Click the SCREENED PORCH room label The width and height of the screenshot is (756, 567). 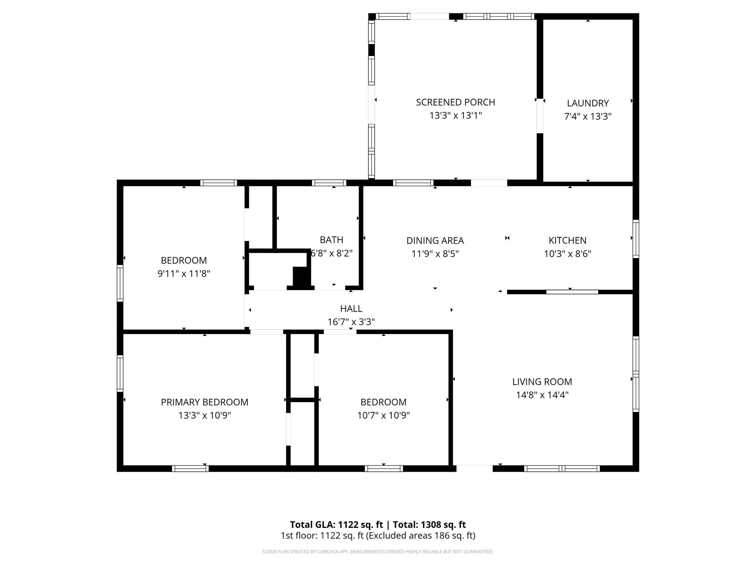point(456,102)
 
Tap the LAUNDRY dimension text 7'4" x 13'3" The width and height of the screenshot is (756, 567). point(588,117)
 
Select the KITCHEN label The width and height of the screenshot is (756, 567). point(567,240)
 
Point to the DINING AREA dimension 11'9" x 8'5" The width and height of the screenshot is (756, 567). point(435,254)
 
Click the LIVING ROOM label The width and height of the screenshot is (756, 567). point(542,382)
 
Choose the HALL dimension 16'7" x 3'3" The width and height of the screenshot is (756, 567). point(351,322)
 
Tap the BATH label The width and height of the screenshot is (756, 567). point(331,240)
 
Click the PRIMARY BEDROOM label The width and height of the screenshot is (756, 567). point(205,402)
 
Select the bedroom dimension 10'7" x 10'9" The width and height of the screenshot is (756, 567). point(384,416)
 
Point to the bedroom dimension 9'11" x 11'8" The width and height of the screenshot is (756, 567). point(184,274)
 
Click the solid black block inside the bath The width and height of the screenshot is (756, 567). point(300,277)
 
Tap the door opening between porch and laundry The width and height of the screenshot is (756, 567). point(540,116)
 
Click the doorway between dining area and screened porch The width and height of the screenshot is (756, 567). point(489,183)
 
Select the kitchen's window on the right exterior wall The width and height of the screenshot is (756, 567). point(636,239)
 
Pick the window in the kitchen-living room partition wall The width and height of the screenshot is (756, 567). point(572,292)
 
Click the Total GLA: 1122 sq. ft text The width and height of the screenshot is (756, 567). point(336,525)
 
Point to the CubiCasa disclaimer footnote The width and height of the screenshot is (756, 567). point(378,551)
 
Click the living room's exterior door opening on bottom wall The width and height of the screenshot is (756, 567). point(474,468)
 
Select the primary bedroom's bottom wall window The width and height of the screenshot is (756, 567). point(190,468)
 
